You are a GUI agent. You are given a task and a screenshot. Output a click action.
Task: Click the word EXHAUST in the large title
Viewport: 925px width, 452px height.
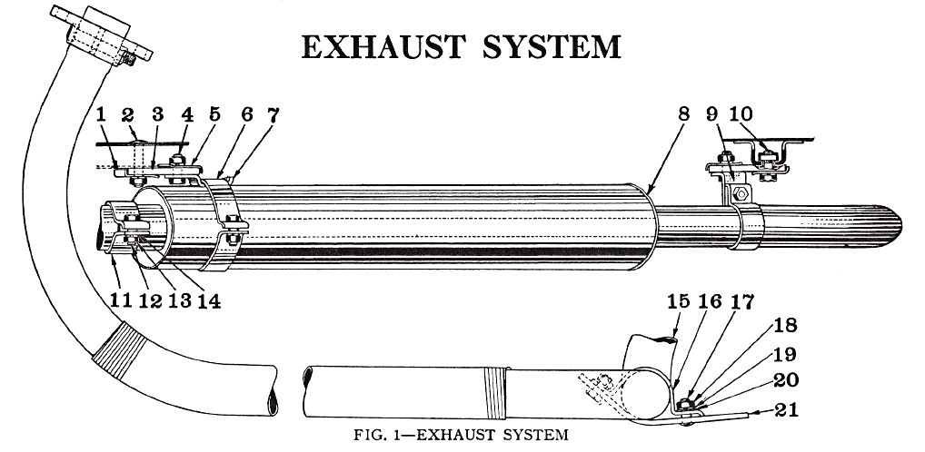tap(383, 46)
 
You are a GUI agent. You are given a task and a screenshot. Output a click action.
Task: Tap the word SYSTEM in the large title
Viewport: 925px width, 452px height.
tap(552, 46)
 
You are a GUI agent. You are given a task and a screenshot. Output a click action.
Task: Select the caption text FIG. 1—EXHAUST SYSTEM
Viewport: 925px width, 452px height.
tap(461, 435)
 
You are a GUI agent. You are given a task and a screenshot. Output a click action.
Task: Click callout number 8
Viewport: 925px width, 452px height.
tap(683, 113)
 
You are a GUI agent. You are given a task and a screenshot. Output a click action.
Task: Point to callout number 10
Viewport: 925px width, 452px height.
tap(741, 113)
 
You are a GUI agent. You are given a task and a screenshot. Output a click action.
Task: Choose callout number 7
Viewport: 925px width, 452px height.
tap(274, 114)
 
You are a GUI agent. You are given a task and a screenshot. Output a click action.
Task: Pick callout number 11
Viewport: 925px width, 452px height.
tap(120, 300)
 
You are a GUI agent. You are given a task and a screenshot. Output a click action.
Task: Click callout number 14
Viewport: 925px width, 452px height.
tap(209, 300)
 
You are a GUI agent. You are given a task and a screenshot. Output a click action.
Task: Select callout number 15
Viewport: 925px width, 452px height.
tap(678, 301)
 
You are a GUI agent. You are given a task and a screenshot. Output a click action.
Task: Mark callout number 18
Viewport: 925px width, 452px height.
tap(786, 325)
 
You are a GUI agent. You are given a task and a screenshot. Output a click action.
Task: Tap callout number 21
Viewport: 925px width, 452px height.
tap(787, 409)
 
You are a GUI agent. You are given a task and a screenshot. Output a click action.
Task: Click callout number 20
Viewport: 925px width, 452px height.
tap(786, 380)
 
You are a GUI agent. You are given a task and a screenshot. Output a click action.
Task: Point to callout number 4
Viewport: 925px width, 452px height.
tap(187, 114)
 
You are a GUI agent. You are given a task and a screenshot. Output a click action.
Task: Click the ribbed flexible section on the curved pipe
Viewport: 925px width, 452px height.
tap(120, 350)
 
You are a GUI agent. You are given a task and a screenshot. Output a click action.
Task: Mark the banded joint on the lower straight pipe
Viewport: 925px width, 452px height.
tap(495, 392)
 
